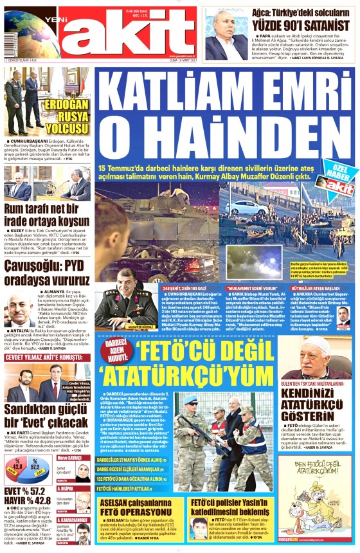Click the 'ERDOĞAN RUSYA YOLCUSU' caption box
(x=69, y=114)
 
